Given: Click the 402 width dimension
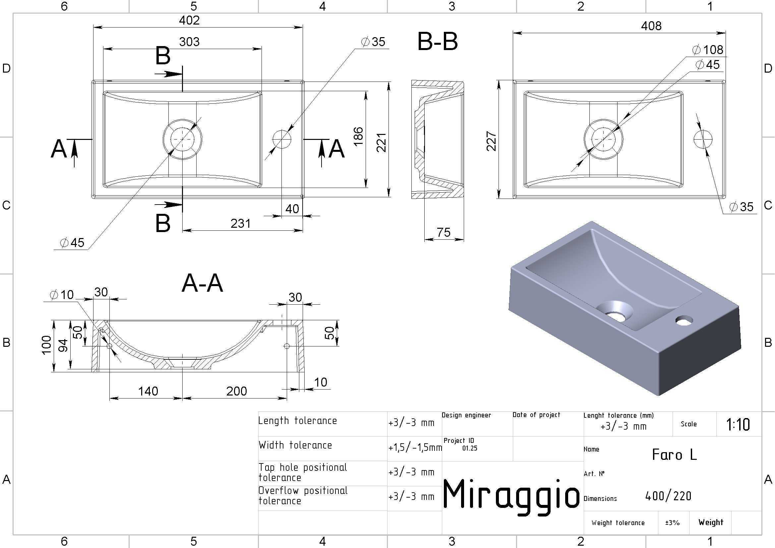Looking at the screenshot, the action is pos(189,20).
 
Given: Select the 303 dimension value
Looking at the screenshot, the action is pos(189,42).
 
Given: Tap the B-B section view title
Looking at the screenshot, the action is pos(438,41).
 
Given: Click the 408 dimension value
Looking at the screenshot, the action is pos(651,26).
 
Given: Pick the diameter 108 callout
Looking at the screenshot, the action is pos(707,50).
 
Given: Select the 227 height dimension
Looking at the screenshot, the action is pos(492,141).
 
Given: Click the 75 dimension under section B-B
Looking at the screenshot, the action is pos(444,232).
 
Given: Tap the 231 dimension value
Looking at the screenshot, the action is pos(241,223).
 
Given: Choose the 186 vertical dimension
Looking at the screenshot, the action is pos(358,137).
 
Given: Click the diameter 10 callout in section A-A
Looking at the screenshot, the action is pos(62,295).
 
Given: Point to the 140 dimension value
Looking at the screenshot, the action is pos(148,391).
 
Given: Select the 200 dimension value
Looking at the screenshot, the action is pos(237,391).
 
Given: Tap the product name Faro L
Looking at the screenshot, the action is pos(674,455).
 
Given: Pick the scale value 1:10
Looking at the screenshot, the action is pos(738,425).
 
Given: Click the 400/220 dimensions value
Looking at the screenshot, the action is pos(668,496).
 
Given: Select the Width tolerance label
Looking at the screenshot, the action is pos(295,445).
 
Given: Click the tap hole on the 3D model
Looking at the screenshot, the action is pos(684,320).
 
